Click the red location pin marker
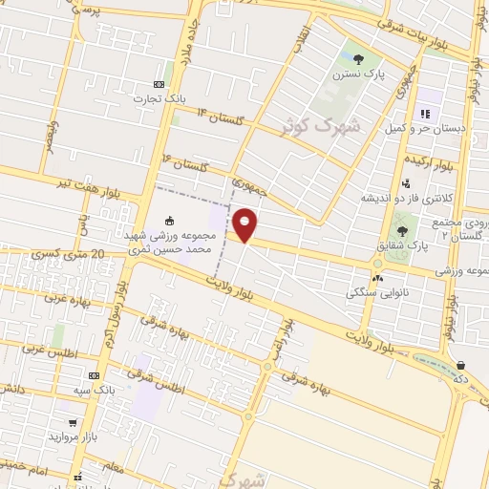point(245,225)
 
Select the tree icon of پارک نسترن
point(358,59)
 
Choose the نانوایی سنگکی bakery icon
point(378,278)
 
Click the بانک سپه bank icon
point(94,376)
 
